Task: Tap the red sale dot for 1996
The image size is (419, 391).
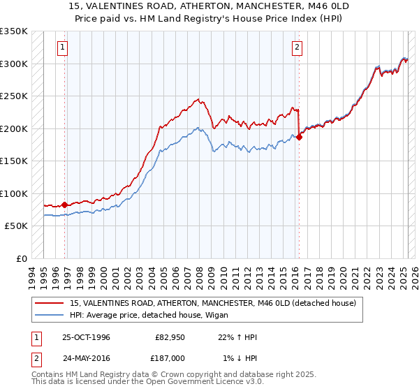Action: click(x=65, y=205)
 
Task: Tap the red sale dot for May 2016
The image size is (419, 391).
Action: click(x=299, y=137)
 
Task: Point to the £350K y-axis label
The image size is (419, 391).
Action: click(x=14, y=31)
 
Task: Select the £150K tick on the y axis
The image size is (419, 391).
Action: click(x=14, y=161)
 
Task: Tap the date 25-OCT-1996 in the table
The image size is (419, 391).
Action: click(x=86, y=338)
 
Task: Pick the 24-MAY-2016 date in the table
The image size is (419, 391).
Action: click(x=86, y=357)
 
